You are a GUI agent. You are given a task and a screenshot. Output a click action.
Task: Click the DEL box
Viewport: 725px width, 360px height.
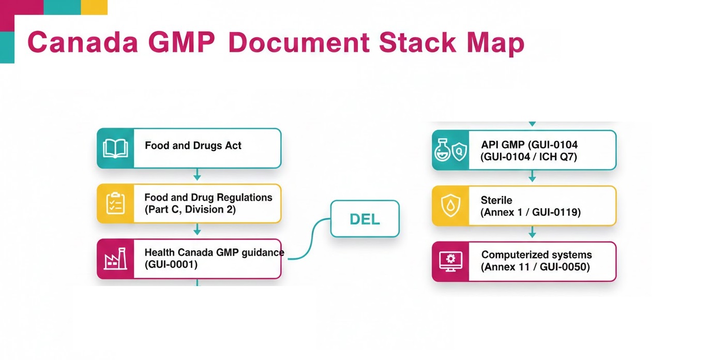pos(365,219)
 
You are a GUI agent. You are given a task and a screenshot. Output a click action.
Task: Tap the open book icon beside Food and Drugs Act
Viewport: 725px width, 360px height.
pos(115,148)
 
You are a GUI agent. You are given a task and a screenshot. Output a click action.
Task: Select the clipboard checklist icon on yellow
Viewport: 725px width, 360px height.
pos(115,203)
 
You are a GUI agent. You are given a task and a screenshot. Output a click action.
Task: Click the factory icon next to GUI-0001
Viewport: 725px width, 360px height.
pos(115,259)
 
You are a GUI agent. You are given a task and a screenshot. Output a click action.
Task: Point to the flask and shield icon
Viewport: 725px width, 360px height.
pos(450,151)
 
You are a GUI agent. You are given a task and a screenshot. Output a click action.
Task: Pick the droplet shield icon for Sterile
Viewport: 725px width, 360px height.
pos(450,206)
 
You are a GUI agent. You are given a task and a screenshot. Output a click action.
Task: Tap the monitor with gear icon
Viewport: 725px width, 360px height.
pos(450,261)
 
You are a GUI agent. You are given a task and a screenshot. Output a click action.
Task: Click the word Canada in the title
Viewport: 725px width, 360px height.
pos(82,43)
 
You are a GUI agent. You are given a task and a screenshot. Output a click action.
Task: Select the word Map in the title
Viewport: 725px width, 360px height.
pos(495,43)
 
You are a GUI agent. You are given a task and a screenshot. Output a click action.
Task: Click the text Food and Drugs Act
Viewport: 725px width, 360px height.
pos(193,146)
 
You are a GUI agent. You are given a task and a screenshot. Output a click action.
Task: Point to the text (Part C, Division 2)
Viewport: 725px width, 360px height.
pos(190,209)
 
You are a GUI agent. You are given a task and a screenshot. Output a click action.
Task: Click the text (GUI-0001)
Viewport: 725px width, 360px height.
pos(171,264)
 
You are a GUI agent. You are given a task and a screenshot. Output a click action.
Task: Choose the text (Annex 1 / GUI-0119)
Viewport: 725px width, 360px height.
pos(531,212)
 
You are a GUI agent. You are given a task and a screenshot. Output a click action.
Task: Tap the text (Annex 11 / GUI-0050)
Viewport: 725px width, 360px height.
pos(535,267)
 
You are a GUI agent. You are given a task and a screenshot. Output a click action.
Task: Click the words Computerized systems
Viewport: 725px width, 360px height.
pos(536,255)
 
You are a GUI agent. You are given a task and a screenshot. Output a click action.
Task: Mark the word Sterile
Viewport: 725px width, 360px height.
pos(496,200)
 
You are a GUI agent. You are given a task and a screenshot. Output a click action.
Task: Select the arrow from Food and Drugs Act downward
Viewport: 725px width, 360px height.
pos(197,175)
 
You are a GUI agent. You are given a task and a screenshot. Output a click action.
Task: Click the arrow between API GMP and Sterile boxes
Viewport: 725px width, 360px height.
pos(532,177)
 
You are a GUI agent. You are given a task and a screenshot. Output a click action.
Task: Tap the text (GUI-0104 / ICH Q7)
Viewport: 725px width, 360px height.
pos(528,157)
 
